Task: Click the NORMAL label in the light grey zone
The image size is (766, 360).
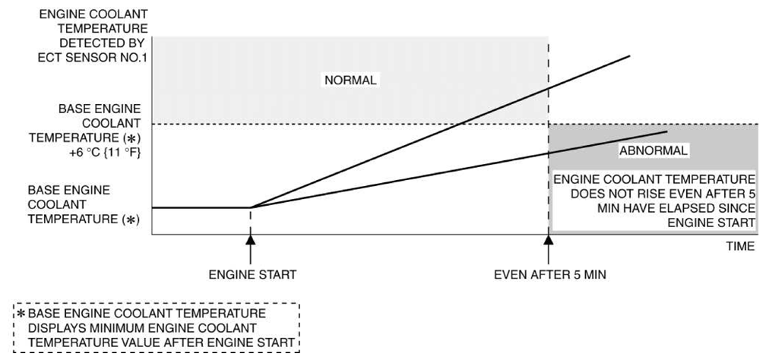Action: (x=350, y=81)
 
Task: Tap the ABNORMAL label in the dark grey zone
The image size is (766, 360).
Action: (x=654, y=151)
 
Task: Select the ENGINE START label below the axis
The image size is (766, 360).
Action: (x=252, y=275)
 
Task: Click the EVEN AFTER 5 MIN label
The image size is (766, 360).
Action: (x=549, y=275)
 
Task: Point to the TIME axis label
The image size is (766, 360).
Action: (x=741, y=247)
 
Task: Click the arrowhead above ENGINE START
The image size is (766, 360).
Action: (x=250, y=239)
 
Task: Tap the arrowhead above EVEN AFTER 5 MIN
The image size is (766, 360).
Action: (x=549, y=239)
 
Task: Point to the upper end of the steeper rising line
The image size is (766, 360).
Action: (x=629, y=56)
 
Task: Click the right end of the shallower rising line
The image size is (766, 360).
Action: (x=667, y=131)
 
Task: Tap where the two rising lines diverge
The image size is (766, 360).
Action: (x=251, y=207)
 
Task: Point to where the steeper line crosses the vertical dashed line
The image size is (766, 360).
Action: (x=549, y=88)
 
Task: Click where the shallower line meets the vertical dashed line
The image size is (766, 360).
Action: (x=549, y=153)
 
